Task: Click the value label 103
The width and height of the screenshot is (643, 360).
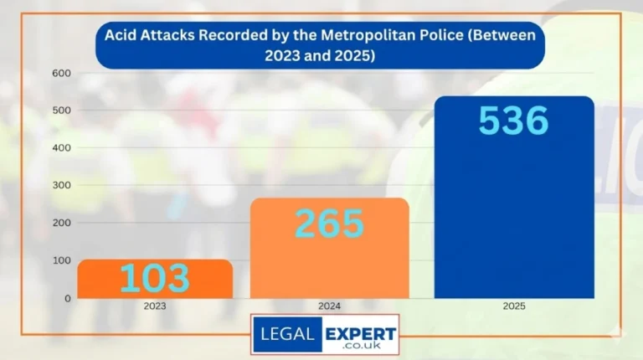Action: click(155, 279)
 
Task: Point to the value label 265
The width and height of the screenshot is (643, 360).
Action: click(329, 224)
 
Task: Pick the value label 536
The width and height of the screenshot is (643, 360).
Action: click(513, 121)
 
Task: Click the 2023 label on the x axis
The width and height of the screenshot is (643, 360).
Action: click(155, 306)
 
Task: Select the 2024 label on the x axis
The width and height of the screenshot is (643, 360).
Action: click(330, 306)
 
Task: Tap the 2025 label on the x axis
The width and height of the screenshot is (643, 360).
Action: click(513, 306)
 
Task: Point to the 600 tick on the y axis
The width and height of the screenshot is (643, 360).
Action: click(63, 74)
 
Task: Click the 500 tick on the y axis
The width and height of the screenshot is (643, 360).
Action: click(63, 111)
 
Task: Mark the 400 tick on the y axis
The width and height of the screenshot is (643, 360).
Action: click(63, 148)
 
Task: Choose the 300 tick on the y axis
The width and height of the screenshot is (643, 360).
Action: click(63, 186)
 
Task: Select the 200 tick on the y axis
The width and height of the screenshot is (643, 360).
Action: click(63, 224)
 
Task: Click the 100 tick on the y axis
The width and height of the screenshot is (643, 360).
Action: click(63, 260)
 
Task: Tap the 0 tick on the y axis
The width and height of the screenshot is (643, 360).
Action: click(68, 298)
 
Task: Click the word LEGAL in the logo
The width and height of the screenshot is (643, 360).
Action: click(286, 333)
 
